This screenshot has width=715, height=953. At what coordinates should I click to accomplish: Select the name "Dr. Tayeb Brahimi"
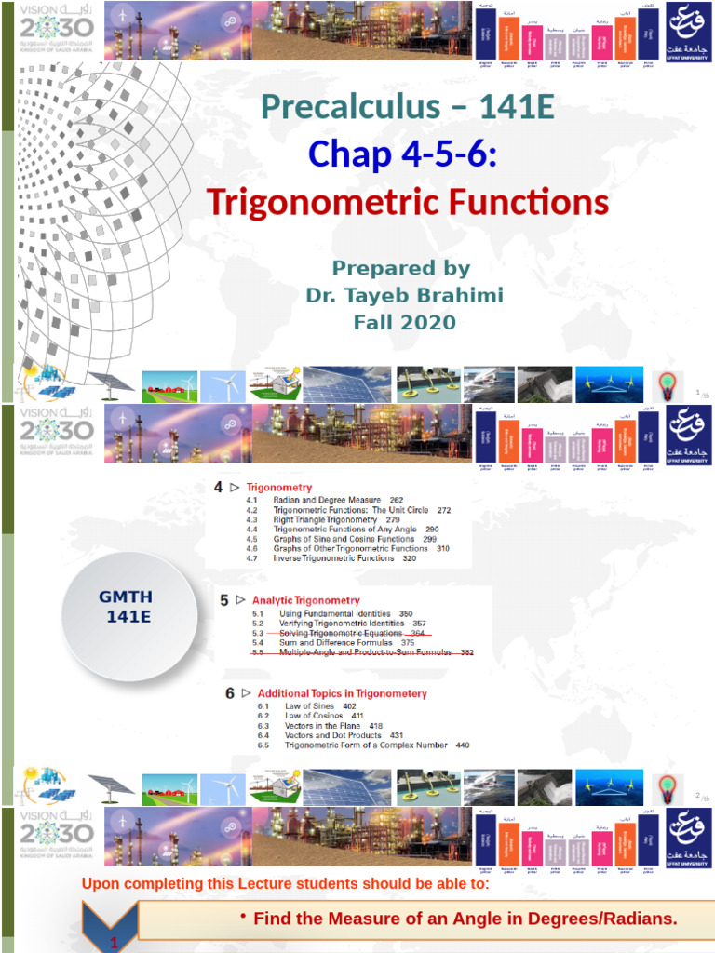405,295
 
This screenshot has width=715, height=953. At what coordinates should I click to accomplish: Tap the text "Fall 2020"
405,323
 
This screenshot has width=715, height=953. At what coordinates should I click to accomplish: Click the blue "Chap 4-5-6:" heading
401,154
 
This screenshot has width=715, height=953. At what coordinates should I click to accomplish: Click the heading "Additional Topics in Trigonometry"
342,693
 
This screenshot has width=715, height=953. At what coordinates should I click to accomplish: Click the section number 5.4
259,643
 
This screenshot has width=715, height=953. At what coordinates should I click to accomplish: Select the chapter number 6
229,693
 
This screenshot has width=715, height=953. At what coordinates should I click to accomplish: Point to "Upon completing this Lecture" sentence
285,884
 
